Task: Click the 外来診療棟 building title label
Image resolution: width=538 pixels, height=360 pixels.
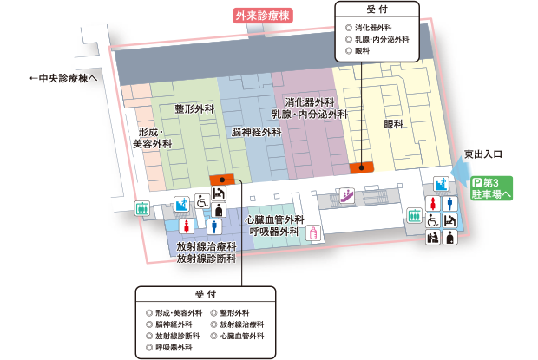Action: point(263,15)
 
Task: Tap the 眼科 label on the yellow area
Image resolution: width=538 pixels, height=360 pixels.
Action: point(394,125)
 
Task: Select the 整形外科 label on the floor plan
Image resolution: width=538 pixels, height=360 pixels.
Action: point(194,109)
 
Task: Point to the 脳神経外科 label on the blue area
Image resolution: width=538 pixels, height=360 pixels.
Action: point(256,132)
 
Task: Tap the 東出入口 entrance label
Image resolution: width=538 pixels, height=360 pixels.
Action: point(483,153)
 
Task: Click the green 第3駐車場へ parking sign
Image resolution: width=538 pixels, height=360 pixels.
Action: point(493,189)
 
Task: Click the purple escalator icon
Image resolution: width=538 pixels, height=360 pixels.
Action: point(347,196)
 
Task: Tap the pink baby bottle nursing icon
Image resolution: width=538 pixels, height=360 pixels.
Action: point(314,234)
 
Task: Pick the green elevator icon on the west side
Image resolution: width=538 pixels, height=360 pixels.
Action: point(142,209)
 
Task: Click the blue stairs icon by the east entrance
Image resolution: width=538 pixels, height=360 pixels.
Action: point(440,183)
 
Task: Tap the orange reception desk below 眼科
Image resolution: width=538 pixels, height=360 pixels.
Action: point(361,167)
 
